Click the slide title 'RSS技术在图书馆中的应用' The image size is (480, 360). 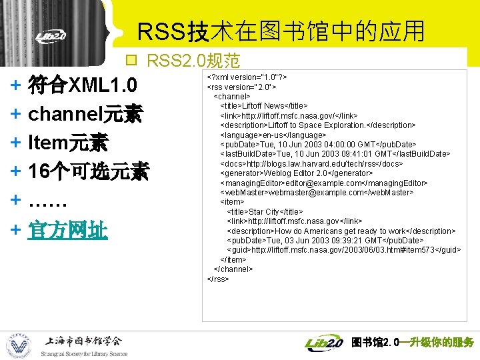(281, 31)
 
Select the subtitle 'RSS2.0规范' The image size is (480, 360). (193, 61)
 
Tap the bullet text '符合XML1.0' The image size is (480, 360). (83, 86)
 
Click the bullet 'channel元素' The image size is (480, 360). (85, 115)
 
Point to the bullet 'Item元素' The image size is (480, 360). (69, 143)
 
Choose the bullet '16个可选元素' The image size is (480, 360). (88, 172)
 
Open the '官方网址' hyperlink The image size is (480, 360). (68, 230)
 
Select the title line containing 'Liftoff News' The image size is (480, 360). (263, 105)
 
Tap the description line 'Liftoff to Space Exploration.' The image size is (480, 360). (317, 125)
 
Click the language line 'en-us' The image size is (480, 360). (273, 135)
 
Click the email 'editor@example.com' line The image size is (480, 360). (323, 183)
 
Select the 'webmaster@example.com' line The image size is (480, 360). (316, 192)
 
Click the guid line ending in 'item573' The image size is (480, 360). (343, 250)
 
